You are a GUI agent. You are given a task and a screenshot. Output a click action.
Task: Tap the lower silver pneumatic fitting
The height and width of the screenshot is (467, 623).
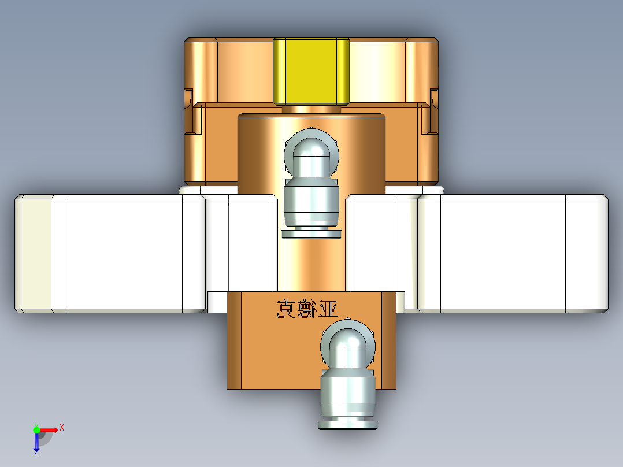[348, 381]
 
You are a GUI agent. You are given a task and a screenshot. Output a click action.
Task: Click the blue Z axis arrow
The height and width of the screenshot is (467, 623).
[36, 442]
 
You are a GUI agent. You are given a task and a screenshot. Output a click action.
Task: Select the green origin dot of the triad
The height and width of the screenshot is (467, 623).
[36, 429]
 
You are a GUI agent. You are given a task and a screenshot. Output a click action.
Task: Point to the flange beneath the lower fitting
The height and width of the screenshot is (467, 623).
[348, 425]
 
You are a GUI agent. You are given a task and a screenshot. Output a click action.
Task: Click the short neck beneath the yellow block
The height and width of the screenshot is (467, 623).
[311, 109]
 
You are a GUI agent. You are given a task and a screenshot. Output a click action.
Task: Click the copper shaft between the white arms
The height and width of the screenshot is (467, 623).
[311, 266]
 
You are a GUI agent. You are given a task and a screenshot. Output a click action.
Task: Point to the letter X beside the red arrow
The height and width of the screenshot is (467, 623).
[62, 427]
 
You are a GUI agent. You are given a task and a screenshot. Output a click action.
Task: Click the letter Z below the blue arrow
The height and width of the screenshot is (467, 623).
[36, 454]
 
